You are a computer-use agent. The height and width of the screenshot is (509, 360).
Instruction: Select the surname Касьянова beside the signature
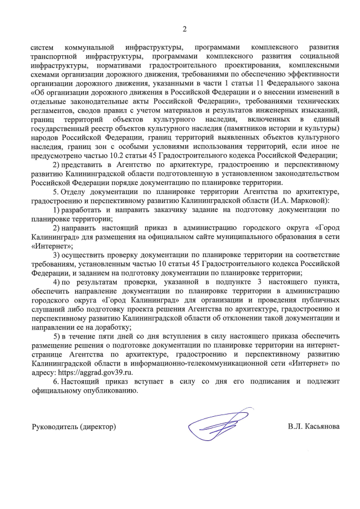[x=323, y=427]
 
